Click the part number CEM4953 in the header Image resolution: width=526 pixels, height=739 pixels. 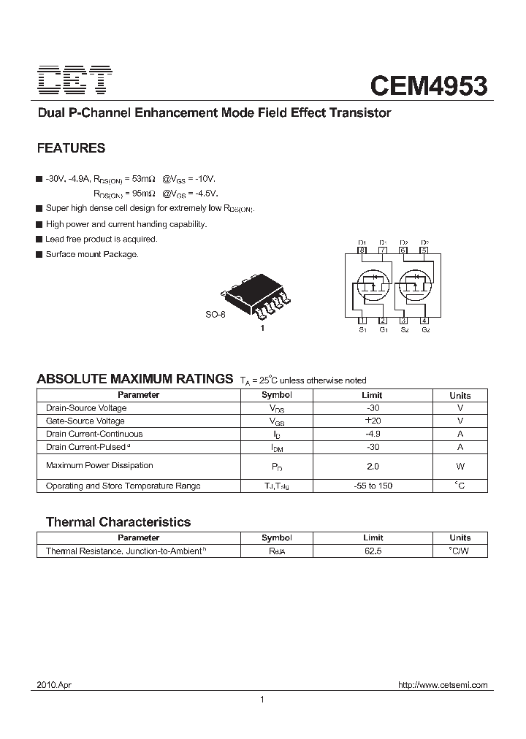click(x=428, y=85)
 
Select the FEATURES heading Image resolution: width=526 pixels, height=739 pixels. click(x=71, y=148)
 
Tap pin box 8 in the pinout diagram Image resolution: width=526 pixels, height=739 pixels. click(x=362, y=250)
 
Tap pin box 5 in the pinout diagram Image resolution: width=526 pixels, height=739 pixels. click(x=424, y=250)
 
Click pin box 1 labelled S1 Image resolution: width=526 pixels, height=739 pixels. click(x=362, y=321)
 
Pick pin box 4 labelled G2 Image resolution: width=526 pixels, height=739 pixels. click(x=424, y=321)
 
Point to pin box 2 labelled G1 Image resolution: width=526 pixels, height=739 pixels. click(x=382, y=321)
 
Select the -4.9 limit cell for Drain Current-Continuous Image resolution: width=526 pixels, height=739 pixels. click(x=373, y=434)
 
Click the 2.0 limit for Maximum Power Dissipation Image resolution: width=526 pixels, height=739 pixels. click(x=373, y=465)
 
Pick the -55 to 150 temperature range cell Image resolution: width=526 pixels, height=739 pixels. click(x=373, y=486)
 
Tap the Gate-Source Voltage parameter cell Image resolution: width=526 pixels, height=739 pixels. click(x=85, y=421)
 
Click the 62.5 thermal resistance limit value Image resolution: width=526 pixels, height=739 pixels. click(x=373, y=551)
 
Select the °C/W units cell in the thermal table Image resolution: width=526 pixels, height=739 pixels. click(x=460, y=551)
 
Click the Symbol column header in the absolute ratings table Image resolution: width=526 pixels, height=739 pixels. click(x=277, y=395)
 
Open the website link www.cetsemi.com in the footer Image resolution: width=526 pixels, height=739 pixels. click(x=442, y=685)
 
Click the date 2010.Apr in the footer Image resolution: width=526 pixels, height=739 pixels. click(x=53, y=685)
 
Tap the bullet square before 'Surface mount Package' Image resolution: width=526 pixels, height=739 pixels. click(x=39, y=254)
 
